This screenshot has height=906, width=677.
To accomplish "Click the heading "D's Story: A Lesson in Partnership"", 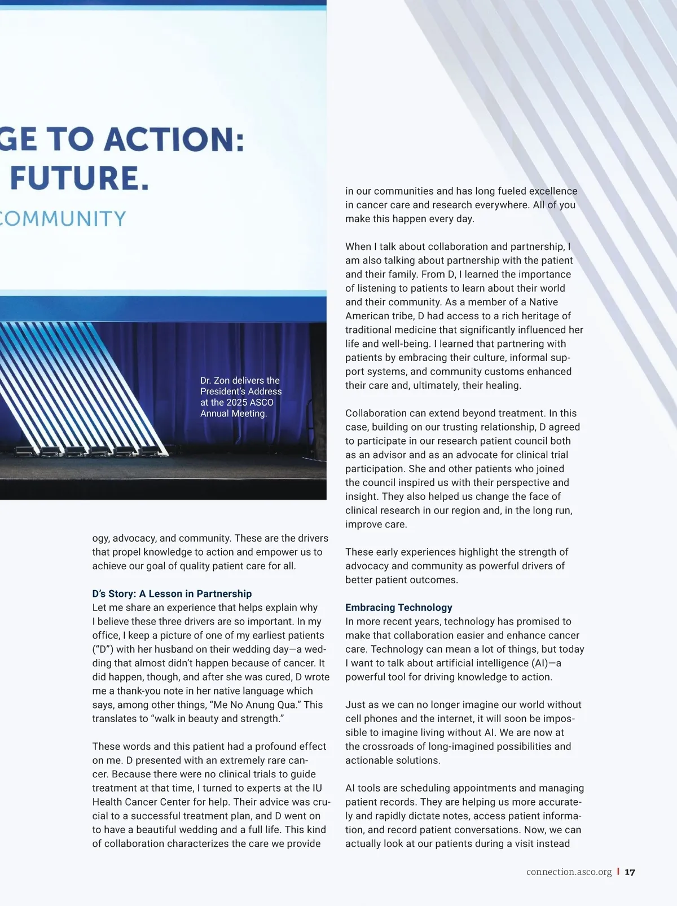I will [x=172, y=593].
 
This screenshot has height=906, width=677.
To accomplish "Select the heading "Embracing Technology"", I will [x=399, y=608].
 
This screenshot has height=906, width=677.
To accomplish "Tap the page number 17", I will [x=630, y=872].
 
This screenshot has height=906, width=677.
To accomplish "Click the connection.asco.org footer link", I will [x=569, y=872].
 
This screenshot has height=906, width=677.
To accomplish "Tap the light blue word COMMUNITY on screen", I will [x=62, y=219].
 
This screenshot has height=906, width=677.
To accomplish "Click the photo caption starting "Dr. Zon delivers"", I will [x=240, y=397].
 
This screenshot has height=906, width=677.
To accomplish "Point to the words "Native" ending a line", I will [x=543, y=302].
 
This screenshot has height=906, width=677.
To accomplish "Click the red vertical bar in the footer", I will [x=618, y=872].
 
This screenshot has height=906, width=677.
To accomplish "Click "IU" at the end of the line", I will [x=317, y=788].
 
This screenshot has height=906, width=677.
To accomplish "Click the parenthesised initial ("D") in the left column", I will [x=103, y=649].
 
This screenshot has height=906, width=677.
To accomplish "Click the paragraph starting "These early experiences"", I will [x=457, y=566].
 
